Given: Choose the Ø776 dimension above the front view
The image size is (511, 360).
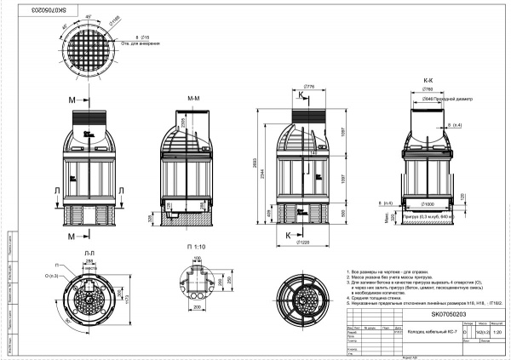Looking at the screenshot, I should [x=309, y=86].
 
